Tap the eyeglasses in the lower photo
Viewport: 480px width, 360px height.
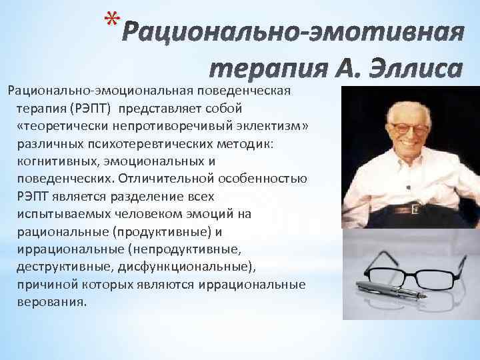(407, 270)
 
